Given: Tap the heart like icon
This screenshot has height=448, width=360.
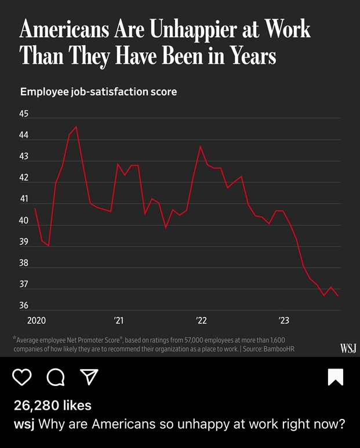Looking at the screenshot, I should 22,377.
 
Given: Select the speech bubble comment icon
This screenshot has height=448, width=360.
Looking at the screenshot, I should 56,377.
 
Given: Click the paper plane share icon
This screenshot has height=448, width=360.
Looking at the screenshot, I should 89,377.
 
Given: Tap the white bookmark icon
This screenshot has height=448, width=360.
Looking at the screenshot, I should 335,377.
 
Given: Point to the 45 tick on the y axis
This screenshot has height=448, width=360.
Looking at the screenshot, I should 24,114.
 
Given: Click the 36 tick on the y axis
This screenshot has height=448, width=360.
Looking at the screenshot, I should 24,306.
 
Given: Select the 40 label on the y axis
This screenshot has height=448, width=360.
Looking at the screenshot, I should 24,221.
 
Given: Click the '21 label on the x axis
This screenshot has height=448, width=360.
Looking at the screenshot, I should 119,320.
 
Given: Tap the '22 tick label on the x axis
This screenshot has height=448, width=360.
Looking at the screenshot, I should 201,320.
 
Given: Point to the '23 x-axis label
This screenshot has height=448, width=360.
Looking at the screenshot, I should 284,320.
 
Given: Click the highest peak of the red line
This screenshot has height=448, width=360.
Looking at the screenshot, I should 76,127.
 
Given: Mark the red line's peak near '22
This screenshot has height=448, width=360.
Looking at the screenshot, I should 201,146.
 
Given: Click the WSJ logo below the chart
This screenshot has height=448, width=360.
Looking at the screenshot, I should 348,348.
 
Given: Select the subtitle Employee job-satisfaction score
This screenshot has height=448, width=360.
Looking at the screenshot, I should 99,92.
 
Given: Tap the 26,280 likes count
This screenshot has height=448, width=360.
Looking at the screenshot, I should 53,406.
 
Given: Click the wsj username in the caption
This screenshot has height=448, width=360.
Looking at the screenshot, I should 24,424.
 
